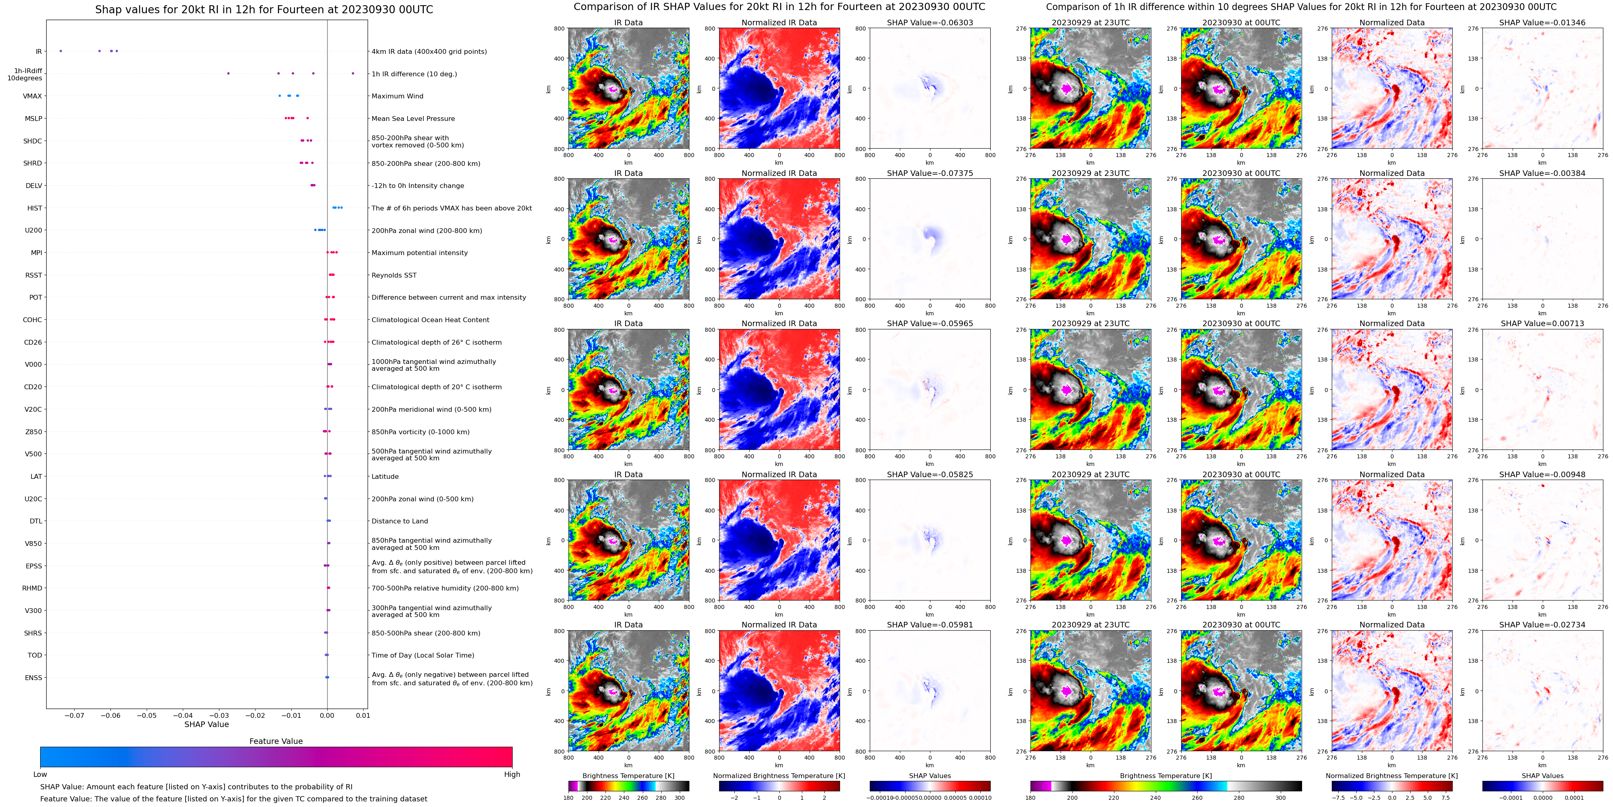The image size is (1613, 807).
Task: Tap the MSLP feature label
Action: (x=33, y=118)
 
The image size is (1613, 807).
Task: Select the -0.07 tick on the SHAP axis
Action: (x=74, y=715)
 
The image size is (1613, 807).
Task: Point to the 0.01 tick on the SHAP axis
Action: (x=363, y=715)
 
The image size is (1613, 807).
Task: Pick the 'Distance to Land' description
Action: (x=399, y=521)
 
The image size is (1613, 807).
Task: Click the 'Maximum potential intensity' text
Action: (x=419, y=253)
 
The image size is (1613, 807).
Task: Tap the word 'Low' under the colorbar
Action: (x=40, y=774)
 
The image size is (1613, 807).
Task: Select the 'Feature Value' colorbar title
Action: (x=276, y=741)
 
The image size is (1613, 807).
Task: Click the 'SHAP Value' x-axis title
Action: (x=206, y=724)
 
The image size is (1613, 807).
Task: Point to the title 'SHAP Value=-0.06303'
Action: (x=930, y=22)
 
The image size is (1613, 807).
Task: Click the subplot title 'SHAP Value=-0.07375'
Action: (x=930, y=174)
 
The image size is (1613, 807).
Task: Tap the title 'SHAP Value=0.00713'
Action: (x=1542, y=324)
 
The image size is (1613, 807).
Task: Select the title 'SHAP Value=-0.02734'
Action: (x=1542, y=625)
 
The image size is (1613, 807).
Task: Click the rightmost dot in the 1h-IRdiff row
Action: (x=353, y=73)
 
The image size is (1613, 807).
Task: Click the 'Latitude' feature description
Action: (x=385, y=476)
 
